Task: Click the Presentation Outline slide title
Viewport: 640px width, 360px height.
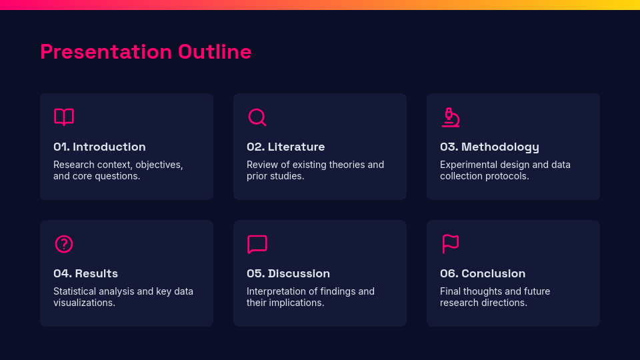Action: pos(145,51)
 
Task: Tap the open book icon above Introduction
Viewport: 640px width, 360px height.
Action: pos(64,117)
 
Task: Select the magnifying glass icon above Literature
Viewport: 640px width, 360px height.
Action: pos(257,117)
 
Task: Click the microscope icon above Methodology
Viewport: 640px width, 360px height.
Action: pos(451,117)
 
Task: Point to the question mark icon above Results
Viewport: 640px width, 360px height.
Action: pos(64,244)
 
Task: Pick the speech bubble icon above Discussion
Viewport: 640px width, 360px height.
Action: pos(257,244)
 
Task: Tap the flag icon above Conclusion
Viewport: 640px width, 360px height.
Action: pos(451,244)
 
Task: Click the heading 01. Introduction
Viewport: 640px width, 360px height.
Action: pos(99,147)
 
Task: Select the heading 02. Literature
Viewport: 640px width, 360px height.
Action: pos(285,147)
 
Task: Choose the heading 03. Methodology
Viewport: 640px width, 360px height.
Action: pos(489,147)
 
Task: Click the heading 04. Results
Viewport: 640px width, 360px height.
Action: pos(85,273)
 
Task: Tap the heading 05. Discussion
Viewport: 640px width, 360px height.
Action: pos(288,273)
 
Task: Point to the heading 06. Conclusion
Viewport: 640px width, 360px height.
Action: pos(483,273)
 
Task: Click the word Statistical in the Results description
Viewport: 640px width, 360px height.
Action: pos(75,291)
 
